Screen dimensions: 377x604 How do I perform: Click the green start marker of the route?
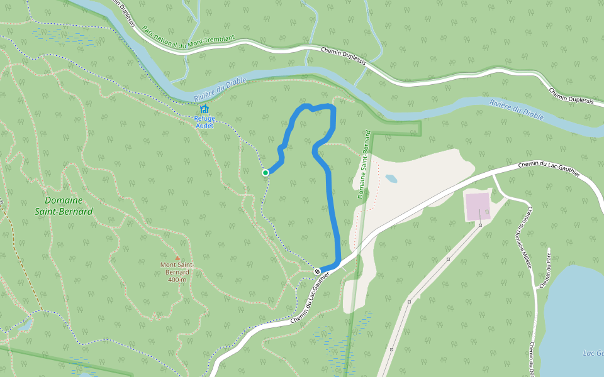click(x=266, y=172)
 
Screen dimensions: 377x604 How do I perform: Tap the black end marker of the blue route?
click(x=318, y=271)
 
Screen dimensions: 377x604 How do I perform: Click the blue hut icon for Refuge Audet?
click(x=204, y=109)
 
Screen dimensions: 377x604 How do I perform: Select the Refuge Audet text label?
click(x=204, y=122)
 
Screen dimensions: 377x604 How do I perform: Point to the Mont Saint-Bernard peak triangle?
click(x=177, y=258)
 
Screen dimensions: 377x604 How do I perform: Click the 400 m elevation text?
click(x=177, y=280)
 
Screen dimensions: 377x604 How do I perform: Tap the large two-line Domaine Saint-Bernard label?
click(x=64, y=206)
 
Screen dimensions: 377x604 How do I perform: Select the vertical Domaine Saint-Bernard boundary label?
click(x=364, y=165)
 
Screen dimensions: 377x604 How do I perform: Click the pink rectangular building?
click(x=478, y=206)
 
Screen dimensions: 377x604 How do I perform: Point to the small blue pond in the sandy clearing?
click(x=391, y=178)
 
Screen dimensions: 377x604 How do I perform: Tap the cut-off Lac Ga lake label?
click(x=593, y=352)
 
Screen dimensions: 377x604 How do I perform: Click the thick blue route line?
click(x=335, y=214)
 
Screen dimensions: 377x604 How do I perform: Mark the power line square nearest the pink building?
click(x=480, y=224)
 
